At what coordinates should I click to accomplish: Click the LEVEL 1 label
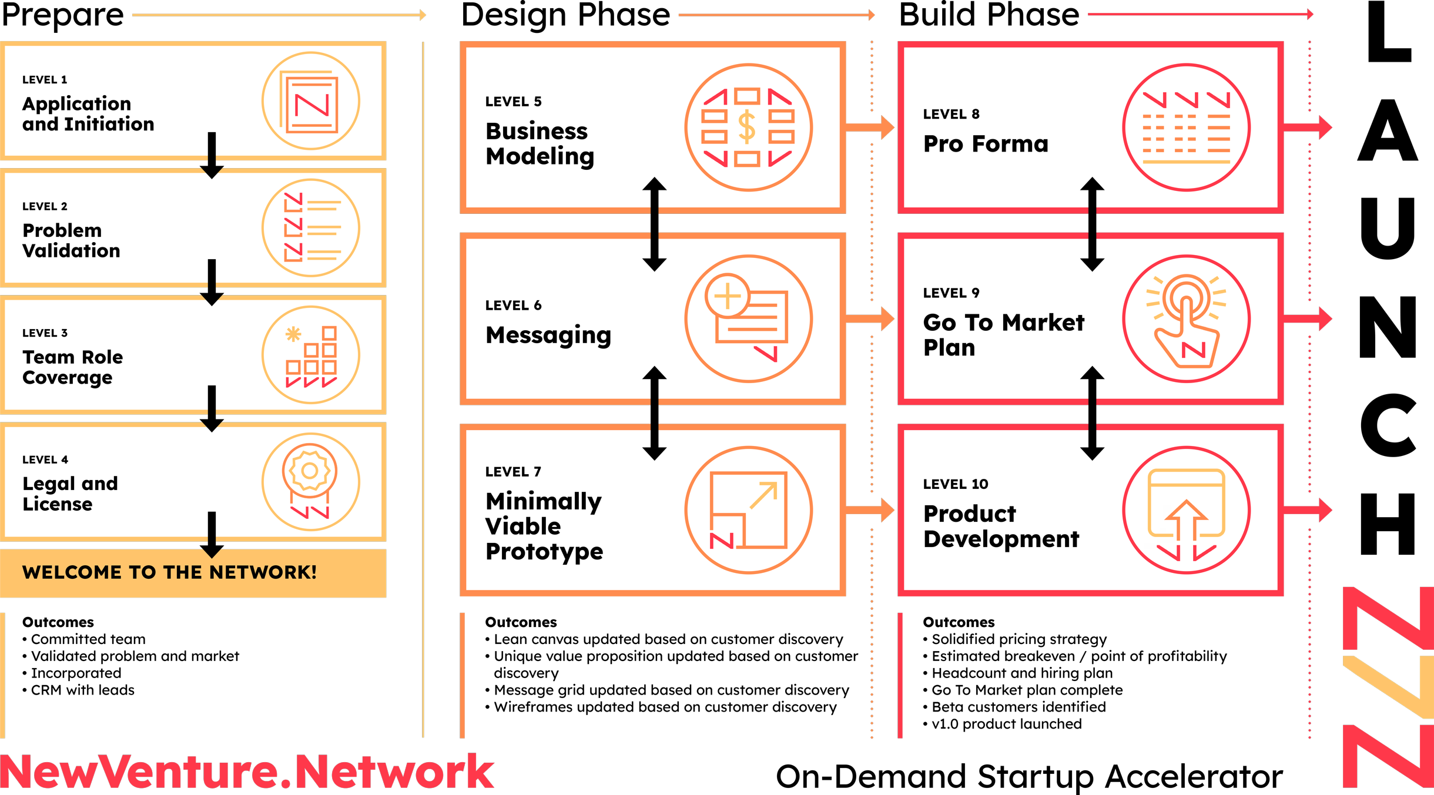[x=45, y=80]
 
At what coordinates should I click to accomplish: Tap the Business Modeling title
[x=540, y=144]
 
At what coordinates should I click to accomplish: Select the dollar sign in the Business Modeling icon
[x=747, y=128]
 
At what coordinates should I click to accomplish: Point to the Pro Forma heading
[x=986, y=144]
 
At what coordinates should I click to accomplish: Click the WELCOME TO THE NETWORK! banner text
[x=169, y=572]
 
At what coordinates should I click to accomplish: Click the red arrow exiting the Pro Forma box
[x=1308, y=128]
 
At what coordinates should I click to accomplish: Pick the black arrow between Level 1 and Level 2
[x=212, y=156]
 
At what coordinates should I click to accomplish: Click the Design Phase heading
[x=565, y=15]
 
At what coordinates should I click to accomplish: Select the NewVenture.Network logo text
[x=247, y=771]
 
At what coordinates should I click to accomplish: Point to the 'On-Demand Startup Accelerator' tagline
[x=1029, y=777]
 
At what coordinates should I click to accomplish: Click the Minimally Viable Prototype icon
[x=749, y=510]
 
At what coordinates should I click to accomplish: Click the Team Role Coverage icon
[x=310, y=355]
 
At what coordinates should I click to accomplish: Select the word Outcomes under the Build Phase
[x=959, y=622]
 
